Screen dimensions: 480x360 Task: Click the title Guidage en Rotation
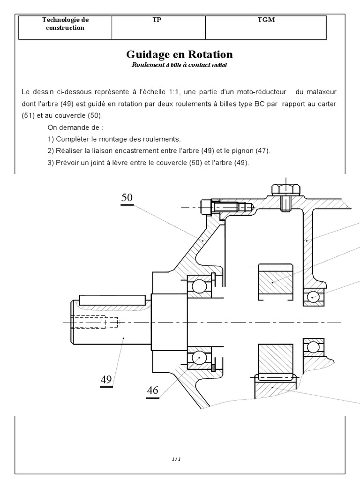tap(180, 54)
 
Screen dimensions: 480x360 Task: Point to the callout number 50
tap(127, 198)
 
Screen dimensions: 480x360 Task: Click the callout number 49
tap(106, 380)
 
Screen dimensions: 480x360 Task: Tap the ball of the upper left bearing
tap(199, 286)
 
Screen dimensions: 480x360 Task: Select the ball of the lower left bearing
tap(199, 358)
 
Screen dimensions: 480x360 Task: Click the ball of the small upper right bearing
tap(313, 297)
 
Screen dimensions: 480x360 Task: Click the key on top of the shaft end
tap(112, 299)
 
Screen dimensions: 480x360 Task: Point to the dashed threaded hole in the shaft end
tap(96, 322)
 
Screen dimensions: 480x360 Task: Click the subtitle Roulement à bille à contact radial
tap(180, 65)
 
